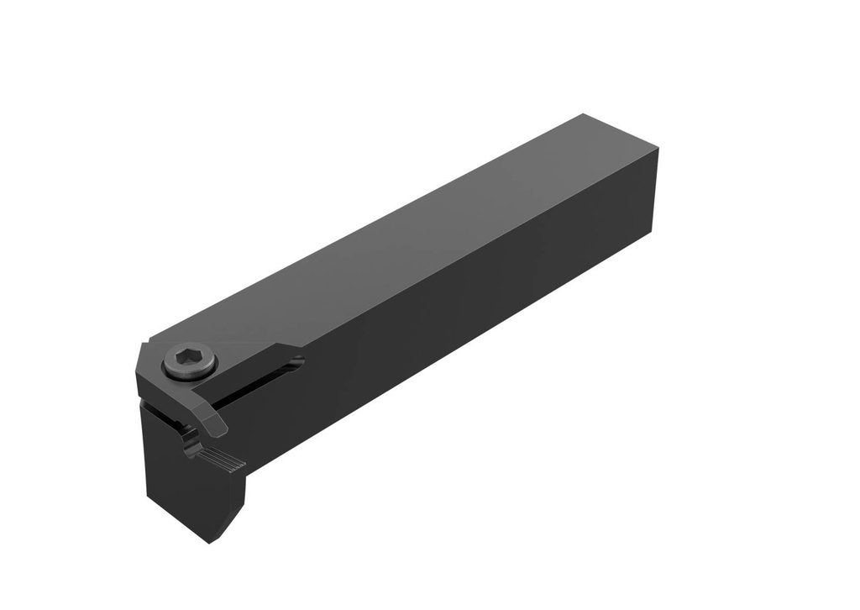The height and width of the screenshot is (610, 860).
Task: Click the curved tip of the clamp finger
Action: coord(217,429)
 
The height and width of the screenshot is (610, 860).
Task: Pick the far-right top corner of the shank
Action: coord(657,150)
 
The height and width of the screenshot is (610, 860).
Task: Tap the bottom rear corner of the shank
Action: coord(651,228)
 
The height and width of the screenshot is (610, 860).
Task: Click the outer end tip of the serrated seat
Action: coord(244,464)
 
